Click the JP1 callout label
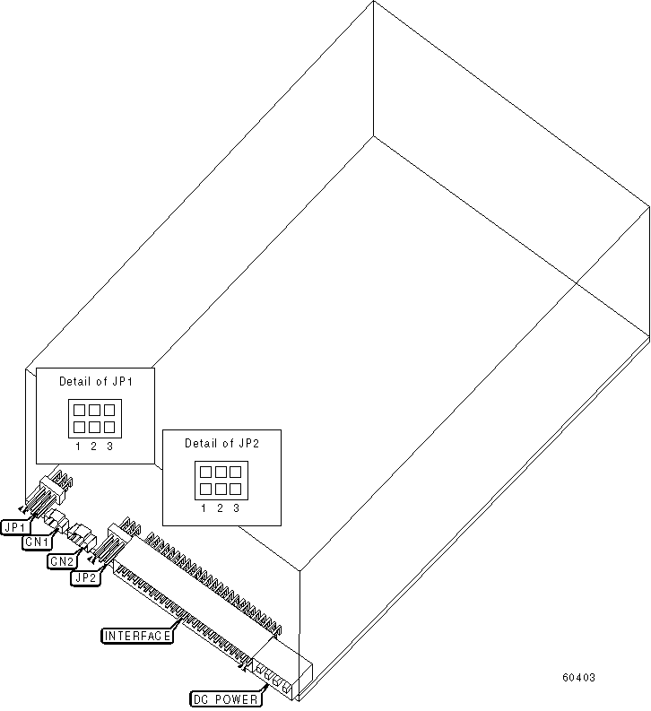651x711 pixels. point(15,526)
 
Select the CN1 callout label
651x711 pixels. point(37,542)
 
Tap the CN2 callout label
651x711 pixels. point(60,561)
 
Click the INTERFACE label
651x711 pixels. point(137,636)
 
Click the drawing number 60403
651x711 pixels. point(578,678)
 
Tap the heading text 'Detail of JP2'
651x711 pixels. point(220,443)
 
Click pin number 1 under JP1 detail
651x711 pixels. point(77,446)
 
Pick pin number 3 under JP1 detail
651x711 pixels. point(109,446)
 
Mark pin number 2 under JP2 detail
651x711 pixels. point(220,507)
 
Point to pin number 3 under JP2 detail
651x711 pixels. point(236,507)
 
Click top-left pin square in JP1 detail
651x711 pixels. point(78,410)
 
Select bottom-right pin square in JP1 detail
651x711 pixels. point(108,426)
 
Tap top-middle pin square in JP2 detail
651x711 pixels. point(220,472)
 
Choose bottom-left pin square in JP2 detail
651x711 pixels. point(204,488)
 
